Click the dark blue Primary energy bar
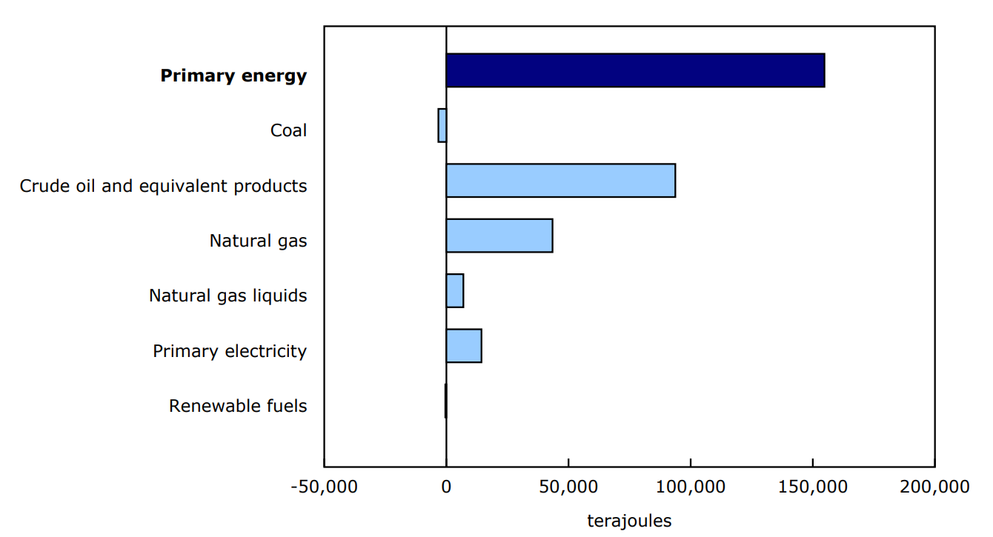tap(635, 70)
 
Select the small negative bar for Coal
tap(442, 125)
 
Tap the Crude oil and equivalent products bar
tap(560, 181)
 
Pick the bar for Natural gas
tap(499, 236)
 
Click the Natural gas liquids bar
tap(454, 290)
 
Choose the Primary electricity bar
tap(463, 346)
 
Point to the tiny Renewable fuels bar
tap(445, 401)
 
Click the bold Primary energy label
tap(233, 76)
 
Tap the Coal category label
tap(288, 131)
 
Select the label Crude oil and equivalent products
tap(163, 186)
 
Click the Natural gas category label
tap(258, 241)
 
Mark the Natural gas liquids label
tap(228, 296)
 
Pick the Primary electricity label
tap(230, 351)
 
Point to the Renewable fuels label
tap(238, 406)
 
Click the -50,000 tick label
tap(324, 487)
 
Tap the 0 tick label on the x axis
tap(446, 487)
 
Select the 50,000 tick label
tap(568, 487)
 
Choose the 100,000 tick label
tap(691, 487)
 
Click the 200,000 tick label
tap(934, 487)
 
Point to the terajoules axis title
tap(629, 521)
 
